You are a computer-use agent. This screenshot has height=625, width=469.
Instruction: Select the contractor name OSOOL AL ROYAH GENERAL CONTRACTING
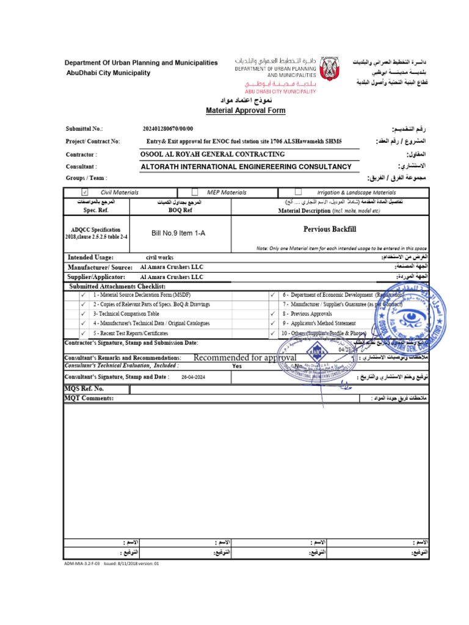point(213,154)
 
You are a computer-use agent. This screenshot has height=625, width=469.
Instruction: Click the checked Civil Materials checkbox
point(85,192)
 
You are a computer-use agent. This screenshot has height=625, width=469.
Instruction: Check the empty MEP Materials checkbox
point(194,192)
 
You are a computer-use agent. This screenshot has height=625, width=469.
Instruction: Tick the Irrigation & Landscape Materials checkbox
point(298,192)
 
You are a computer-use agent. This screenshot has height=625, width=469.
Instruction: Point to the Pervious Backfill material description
point(329,229)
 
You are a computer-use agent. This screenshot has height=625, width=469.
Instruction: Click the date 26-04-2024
point(194,378)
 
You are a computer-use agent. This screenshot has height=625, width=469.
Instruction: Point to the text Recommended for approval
point(244,357)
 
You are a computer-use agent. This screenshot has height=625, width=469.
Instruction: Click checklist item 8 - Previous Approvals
point(307,314)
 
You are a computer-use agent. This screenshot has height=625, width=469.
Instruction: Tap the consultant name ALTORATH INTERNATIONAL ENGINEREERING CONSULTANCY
point(246,167)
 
